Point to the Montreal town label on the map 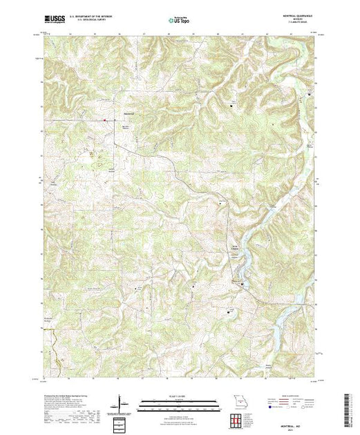point(129,114)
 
